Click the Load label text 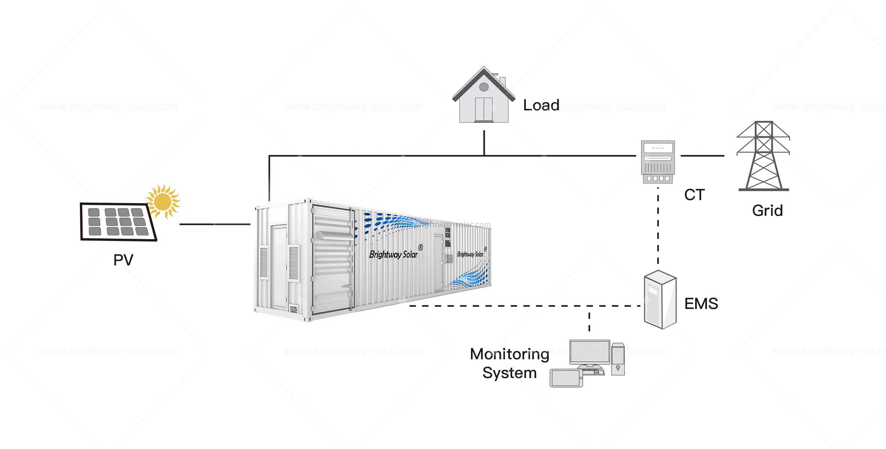point(541,105)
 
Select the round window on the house point(484,87)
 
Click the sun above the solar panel point(163,202)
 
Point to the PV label point(123,260)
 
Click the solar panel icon point(118,222)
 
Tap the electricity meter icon point(658,162)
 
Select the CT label point(694,195)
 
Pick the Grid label point(768,211)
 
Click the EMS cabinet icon point(660,300)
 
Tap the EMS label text point(701,304)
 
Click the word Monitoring point(509,354)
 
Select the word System point(509,373)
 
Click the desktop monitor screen point(589,352)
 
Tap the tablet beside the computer point(566,378)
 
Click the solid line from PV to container point(214,224)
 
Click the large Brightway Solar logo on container point(393,255)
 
